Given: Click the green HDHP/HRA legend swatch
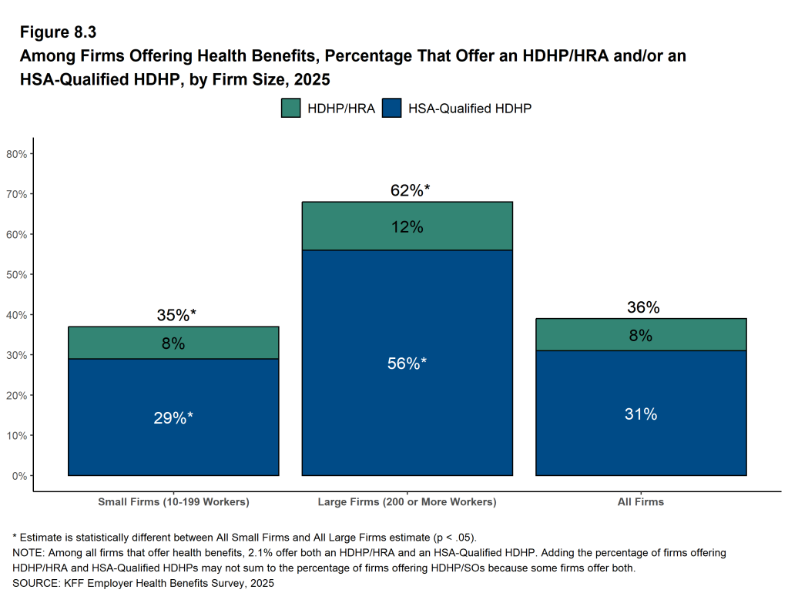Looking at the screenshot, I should [290, 108].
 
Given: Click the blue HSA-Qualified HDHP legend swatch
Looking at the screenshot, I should [392, 108].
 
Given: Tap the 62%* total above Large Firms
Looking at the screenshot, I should [410, 190].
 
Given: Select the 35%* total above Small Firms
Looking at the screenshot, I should [176, 315].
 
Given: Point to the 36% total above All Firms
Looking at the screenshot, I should [643, 307].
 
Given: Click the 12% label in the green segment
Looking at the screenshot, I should [407, 227].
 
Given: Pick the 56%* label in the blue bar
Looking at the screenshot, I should [407, 364].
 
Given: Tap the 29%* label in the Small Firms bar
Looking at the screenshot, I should [173, 417].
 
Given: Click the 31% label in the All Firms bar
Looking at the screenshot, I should [641, 414].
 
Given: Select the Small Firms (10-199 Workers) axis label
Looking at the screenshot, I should [173, 502].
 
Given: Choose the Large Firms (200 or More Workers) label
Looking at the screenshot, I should [407, 502].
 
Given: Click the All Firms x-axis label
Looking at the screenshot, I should [641, 502].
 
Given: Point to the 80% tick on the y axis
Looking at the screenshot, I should [17, 154].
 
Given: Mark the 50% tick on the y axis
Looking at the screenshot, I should [17, 275].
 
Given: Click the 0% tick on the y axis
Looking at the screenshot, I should [20, 476].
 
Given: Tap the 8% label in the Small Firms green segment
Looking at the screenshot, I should [173, 343].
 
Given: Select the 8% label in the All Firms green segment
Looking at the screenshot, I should [641, 335].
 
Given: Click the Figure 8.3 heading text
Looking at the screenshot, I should [58, 33].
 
